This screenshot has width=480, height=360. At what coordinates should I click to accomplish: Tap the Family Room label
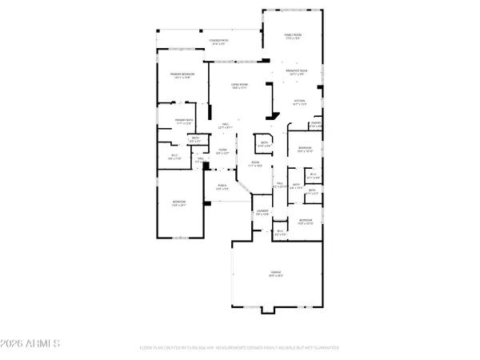[292, 37]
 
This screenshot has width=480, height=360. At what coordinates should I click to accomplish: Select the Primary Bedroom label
[182, 76]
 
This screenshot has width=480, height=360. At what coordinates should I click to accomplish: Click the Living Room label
[240, 89]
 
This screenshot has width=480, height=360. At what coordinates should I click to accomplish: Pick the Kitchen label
[300, 103]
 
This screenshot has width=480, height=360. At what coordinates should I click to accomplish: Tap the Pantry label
[315, 125]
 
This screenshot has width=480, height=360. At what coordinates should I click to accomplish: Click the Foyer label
[224, 152]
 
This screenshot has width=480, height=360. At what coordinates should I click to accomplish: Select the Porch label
[223, 188]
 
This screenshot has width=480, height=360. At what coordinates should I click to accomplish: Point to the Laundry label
[262, 214]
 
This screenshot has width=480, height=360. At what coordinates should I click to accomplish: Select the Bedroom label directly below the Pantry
[305, 150]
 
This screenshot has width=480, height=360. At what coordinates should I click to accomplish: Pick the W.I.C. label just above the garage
[280, 234]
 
